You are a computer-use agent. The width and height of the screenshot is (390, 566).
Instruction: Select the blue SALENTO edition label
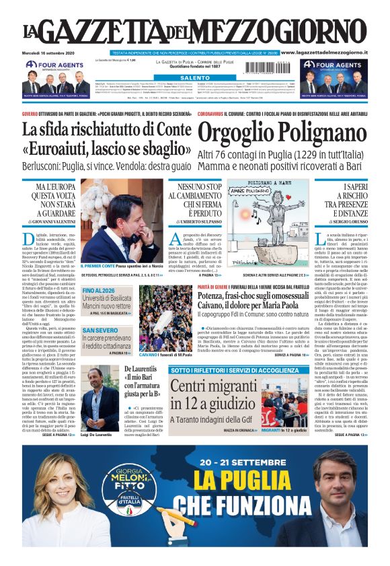pyautogui.click(x=195, y=77)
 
